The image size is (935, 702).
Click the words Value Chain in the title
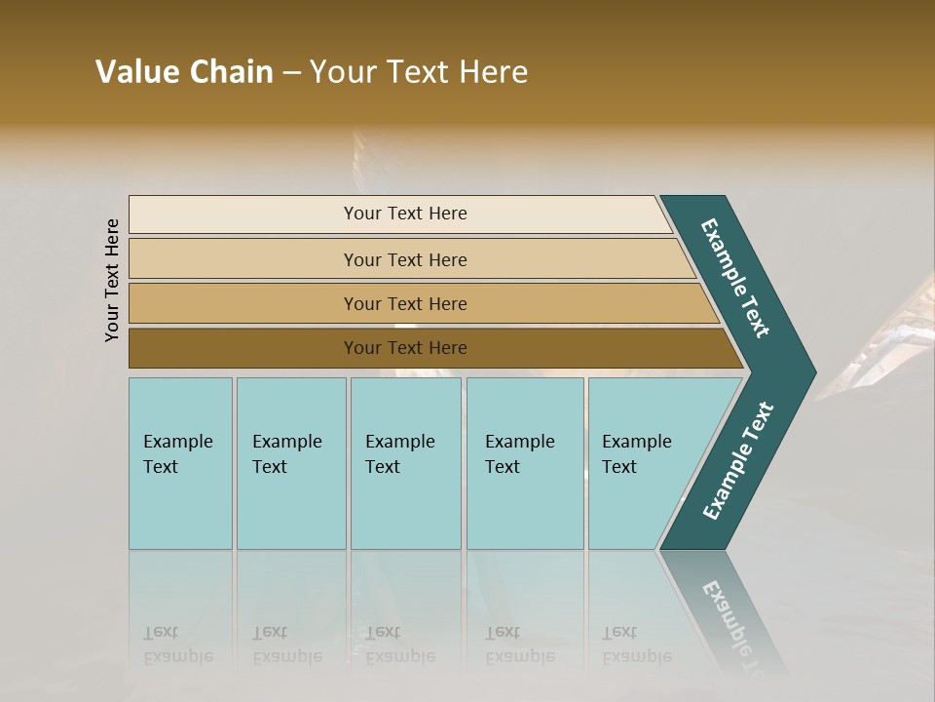184,72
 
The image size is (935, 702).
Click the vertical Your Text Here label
112,280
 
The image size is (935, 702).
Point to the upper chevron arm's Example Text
735,278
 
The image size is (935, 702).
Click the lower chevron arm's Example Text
738,461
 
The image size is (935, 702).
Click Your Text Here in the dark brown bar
405,348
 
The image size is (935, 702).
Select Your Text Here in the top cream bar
405,214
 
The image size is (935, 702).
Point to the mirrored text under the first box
177,644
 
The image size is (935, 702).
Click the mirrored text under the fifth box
636,644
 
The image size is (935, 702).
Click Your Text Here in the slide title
419,72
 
